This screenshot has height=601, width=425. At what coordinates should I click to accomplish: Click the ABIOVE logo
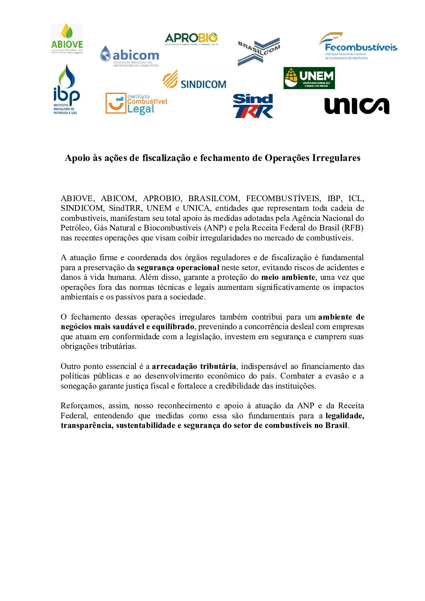point(67,39)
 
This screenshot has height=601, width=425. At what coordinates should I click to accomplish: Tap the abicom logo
point(129,56)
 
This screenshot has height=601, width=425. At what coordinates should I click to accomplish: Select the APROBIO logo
point(191,39)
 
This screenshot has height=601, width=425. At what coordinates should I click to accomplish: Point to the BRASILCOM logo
point(259,51)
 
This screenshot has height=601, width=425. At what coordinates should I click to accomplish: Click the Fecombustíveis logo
point(358,46)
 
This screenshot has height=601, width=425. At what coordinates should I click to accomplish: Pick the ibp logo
point(66,90)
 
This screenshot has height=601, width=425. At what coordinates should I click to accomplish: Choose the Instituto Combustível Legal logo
point(136,104)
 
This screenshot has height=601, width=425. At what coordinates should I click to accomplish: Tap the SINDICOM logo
point(194,79)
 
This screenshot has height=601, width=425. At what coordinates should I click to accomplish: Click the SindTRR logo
point(253,106)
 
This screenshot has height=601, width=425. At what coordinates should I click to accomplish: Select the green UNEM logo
point(309,78)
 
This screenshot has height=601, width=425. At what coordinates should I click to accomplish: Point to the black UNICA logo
point(357,106)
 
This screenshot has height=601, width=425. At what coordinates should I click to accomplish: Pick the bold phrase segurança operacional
point(178,267)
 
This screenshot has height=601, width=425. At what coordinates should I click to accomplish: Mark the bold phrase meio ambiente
point(288,277)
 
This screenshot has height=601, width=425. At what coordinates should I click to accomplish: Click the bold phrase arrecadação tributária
point(194,366)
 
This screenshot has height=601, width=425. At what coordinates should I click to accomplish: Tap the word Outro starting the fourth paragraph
point(70,366)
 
